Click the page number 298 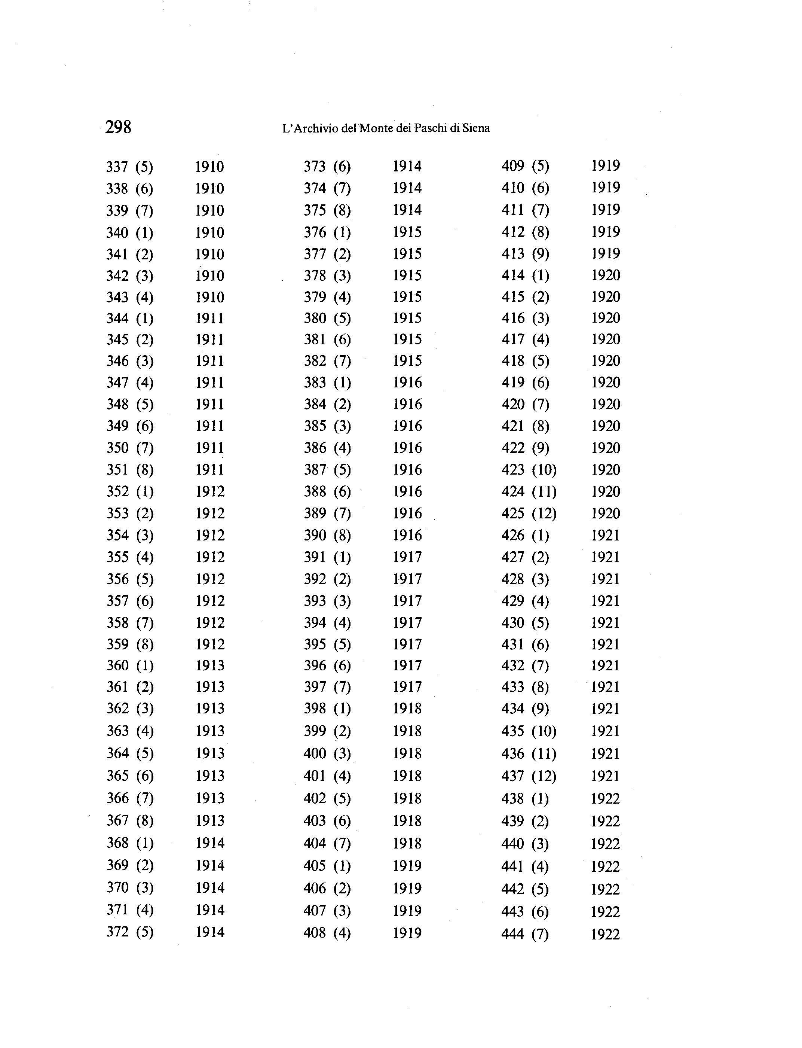tap(118, 128)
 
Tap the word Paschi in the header tap(432, 128)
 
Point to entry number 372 tap(117, 932)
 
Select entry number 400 tap(315, 753)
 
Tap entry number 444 tap(513, 934)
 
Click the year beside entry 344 tap(209, 318)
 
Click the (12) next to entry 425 tap(544, 514)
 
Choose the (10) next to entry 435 tap(544, 731)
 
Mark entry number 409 tap(513, 166)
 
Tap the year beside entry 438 tap(605, 799)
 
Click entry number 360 tap(117, 665)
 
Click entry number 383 tap(315, 382)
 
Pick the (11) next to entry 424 tap(544, 491)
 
